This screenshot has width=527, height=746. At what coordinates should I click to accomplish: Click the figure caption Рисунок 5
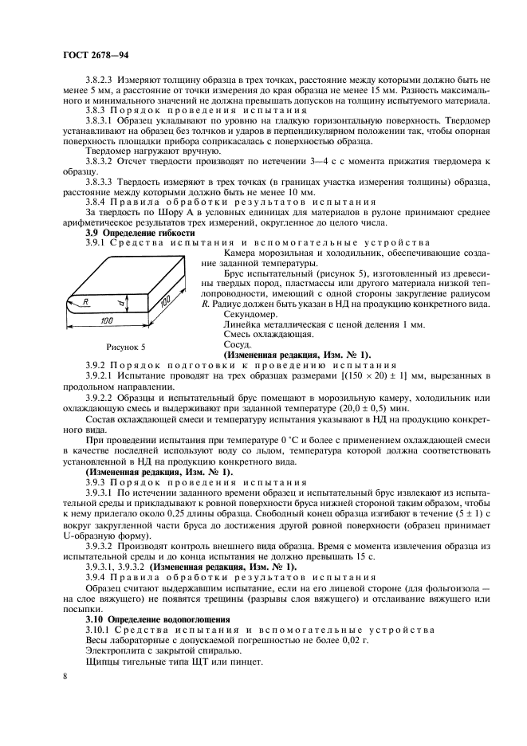pos(125,347)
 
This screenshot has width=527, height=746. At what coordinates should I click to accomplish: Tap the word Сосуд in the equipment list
pos(238,344)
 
